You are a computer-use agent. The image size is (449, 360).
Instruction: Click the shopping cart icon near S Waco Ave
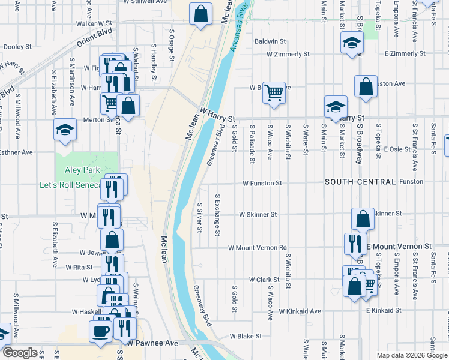274,93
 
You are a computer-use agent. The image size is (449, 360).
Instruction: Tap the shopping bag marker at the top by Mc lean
200,13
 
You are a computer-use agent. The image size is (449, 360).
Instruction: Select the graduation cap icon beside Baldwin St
352,43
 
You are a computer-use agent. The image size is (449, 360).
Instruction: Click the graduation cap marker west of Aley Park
65,130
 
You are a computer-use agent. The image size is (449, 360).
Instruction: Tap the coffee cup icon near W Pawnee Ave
100,330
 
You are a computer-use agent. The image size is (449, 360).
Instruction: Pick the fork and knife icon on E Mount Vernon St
355,244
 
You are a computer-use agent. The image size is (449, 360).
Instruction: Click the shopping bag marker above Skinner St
363,219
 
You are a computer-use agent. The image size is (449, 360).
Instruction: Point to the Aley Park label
83,170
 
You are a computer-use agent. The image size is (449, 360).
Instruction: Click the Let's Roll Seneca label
70,185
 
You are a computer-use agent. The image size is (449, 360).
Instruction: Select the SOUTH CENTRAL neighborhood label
360,182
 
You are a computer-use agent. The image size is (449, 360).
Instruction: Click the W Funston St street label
262,183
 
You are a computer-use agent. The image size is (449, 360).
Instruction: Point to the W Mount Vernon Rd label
257,247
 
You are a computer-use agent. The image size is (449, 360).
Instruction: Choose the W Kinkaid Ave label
300,311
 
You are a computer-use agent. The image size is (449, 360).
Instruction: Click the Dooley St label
17,46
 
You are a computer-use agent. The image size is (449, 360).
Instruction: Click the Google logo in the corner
20,353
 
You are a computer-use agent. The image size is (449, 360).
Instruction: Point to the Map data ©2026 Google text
411,355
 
